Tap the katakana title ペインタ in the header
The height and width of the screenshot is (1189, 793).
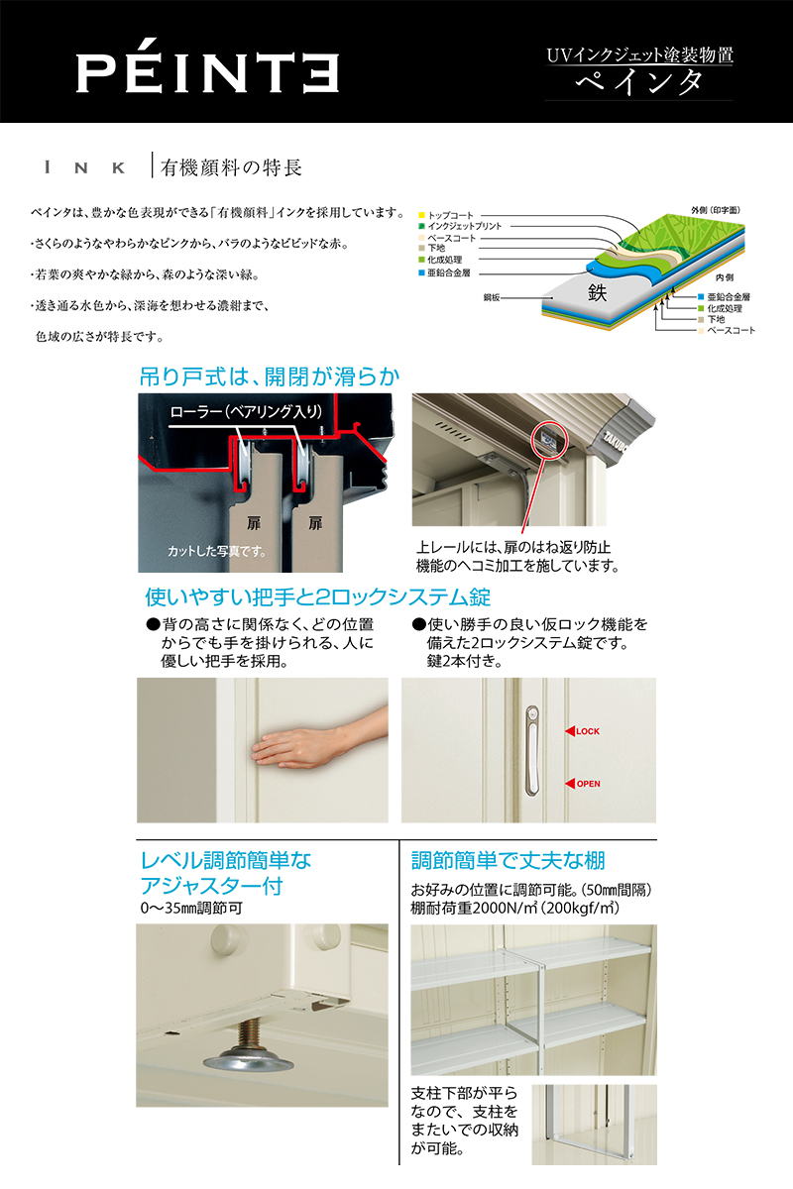639,83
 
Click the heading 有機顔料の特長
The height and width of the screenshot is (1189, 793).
232,167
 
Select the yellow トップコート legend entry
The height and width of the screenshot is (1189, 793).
446,215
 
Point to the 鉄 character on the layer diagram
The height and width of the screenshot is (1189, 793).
597,292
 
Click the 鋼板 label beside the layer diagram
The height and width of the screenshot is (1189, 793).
492,298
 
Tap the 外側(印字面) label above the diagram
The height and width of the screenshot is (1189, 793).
716,210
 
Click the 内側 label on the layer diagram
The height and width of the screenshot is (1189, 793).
725,277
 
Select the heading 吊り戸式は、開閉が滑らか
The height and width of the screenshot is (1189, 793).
270,377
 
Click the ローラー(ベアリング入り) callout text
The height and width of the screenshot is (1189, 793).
246,411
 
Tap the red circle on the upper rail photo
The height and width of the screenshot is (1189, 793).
550,439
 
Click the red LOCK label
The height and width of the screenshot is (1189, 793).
582,731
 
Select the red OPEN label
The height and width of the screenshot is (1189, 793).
583,784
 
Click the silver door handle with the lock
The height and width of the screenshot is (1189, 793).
532,751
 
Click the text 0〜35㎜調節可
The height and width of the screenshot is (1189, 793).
191,909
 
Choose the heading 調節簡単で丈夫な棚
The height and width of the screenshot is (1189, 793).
509,860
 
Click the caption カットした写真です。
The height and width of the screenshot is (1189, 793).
217,552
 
